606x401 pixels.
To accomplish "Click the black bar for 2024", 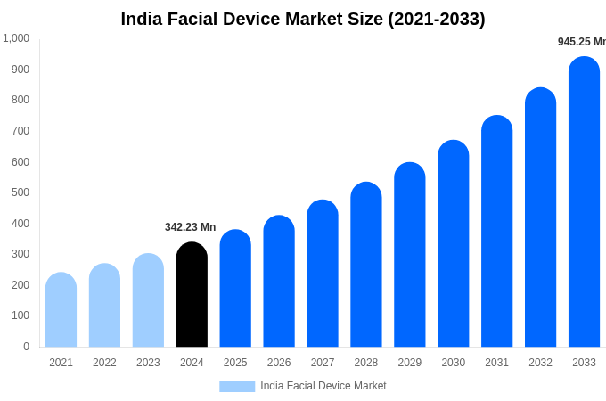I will click(192, 295).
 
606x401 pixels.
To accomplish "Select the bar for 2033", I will click(584, 202).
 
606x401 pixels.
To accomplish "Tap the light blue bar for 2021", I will click(61, 310).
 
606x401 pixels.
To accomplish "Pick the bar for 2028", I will click(366, 265).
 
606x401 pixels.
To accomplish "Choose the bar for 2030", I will click(453, 244).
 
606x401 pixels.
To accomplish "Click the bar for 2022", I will click(104, 306).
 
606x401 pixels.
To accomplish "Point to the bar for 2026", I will click(279, 282).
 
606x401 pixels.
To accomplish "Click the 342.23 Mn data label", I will click(190, 227).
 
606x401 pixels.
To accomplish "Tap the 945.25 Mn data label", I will click(581, 42).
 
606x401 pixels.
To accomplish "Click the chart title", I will click(303, 19).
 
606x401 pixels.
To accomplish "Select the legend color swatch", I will click(237, 387).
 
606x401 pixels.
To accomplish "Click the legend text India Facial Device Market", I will click(323, 386).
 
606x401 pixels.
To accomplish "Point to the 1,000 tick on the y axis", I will click(16, 38).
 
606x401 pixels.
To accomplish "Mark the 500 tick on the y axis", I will click(20, 192).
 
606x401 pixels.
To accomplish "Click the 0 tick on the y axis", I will click(26, 347).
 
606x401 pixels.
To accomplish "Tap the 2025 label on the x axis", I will click(235, 363).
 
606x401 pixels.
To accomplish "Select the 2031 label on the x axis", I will click(496, 363).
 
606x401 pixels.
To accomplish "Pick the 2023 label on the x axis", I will click(148, 363).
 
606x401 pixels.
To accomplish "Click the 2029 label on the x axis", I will click(410, 363).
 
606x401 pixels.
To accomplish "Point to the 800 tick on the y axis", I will click(20, 100).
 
